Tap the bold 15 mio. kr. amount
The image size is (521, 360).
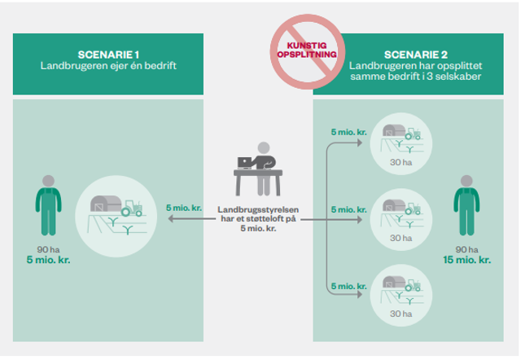pos(466,260)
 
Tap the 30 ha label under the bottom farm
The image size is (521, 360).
pos(398,314)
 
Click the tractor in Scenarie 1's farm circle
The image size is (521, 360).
pos(129,208)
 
